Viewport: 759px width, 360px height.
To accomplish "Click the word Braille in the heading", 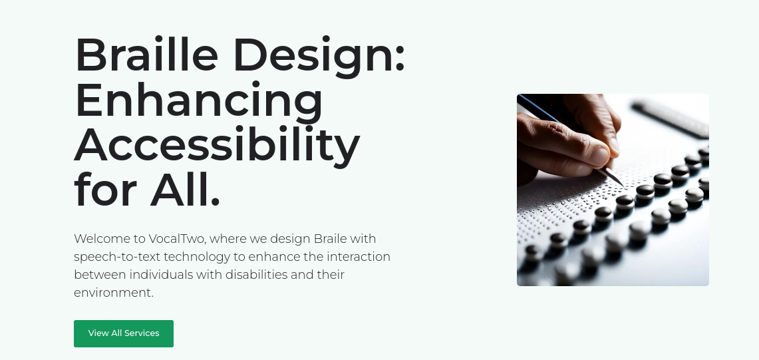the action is tap(146, 55).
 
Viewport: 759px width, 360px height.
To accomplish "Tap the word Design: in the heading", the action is tap(319, 57).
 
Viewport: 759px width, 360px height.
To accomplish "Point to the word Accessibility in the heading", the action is tap(217, 145).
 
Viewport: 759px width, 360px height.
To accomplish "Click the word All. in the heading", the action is tap(186, 189).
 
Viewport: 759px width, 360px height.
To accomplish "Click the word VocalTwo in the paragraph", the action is tap(177, 239).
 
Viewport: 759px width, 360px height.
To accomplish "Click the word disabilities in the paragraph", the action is tap(256, 275).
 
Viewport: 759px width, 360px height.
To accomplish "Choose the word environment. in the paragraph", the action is tap(114, 293).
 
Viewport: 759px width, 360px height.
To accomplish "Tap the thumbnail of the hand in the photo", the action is tap(599, 156).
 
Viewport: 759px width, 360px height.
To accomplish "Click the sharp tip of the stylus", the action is tap(623, 186).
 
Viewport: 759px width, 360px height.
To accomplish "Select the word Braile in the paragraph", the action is tap(330, 239).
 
